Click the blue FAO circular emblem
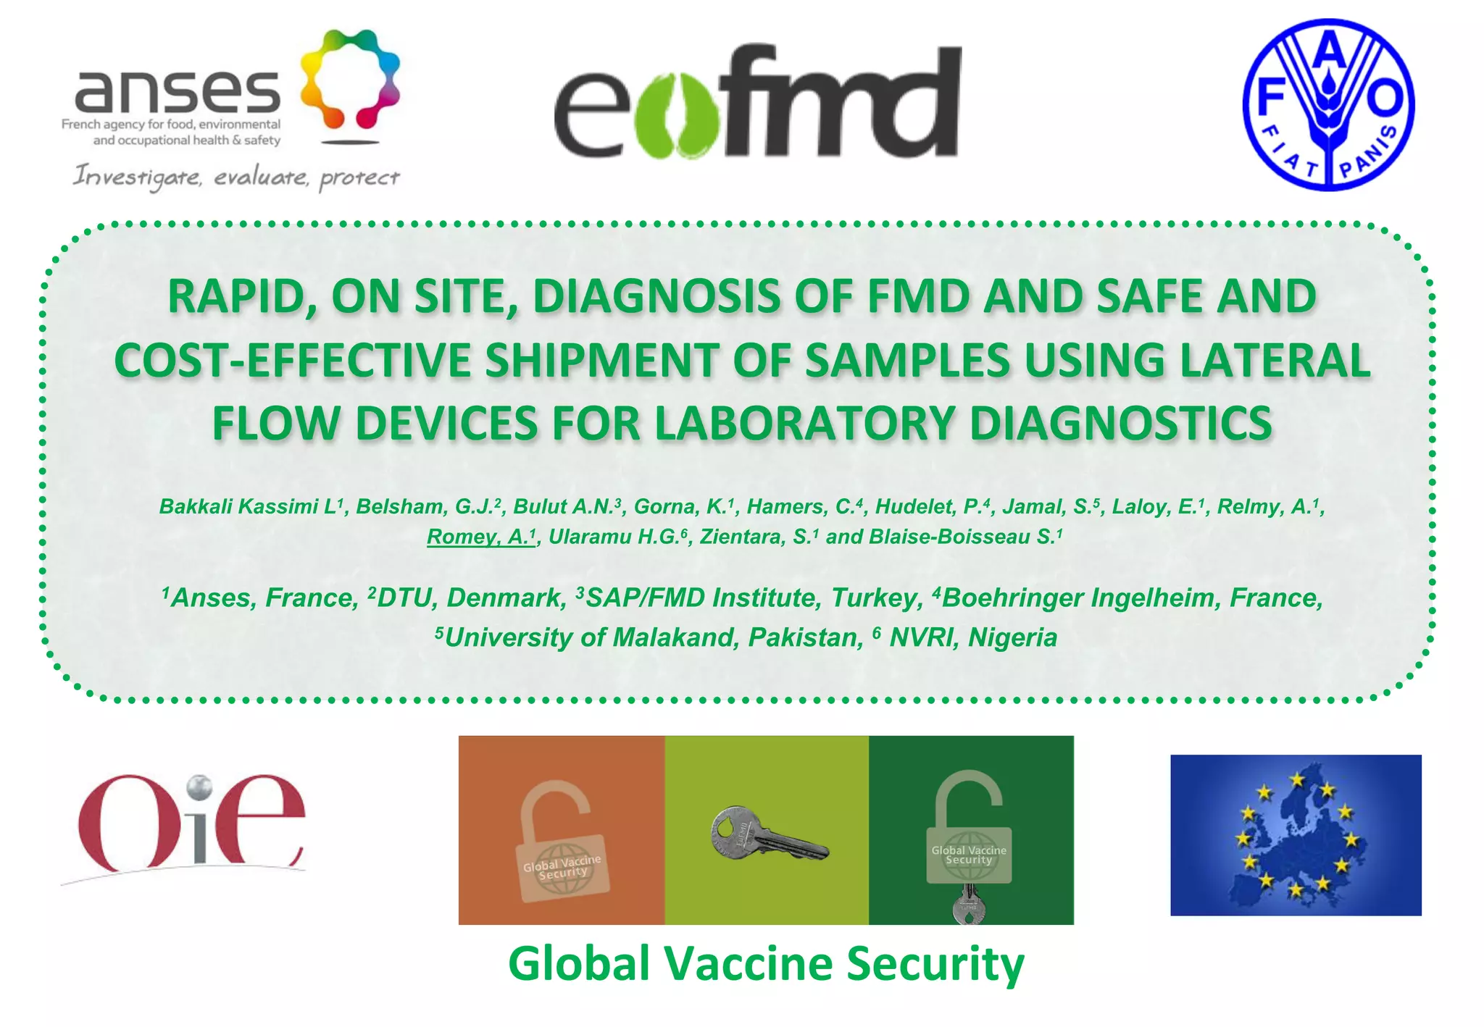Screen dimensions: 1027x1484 pos(1328,104)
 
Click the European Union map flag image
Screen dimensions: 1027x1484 pos(1296,835)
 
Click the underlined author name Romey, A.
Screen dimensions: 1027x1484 pos(480,537)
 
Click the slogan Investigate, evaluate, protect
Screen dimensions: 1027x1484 pos(236,177)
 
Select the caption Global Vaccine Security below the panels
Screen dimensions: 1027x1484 pos(766,964)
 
